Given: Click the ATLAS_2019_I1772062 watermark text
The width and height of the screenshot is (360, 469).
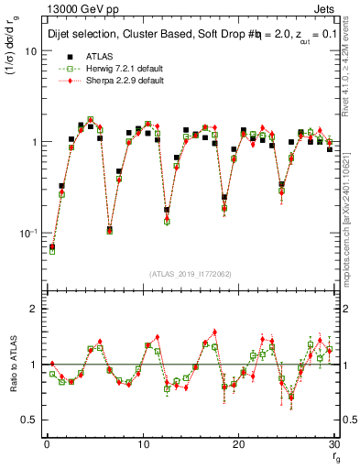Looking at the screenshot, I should [191, 274].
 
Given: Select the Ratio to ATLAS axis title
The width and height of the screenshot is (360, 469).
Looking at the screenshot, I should [12, 366].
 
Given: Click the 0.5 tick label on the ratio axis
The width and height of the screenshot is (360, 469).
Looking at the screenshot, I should [30, 420].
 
